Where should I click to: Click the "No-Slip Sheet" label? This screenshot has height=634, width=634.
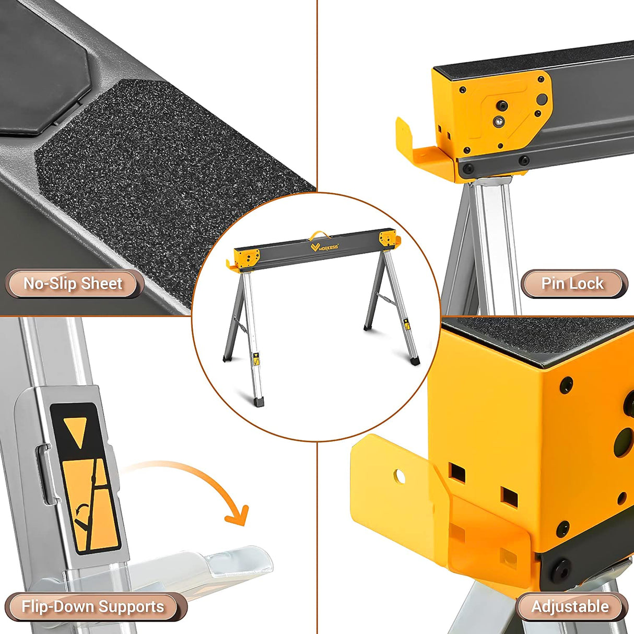tap(73, 284)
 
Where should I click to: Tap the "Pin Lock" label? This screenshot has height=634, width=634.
tap(573, 284)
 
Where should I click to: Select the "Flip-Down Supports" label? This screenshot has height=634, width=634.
tap(93, 607)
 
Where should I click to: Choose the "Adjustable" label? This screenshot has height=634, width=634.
tap(570, 607)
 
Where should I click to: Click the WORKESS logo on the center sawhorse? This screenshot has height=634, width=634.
tap(324, 246)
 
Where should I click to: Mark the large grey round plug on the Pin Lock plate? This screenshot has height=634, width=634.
tap(542, 99)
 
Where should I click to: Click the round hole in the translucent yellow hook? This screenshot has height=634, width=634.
tap(400, 476)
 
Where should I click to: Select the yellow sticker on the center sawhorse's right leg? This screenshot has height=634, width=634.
tap(406, 324)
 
